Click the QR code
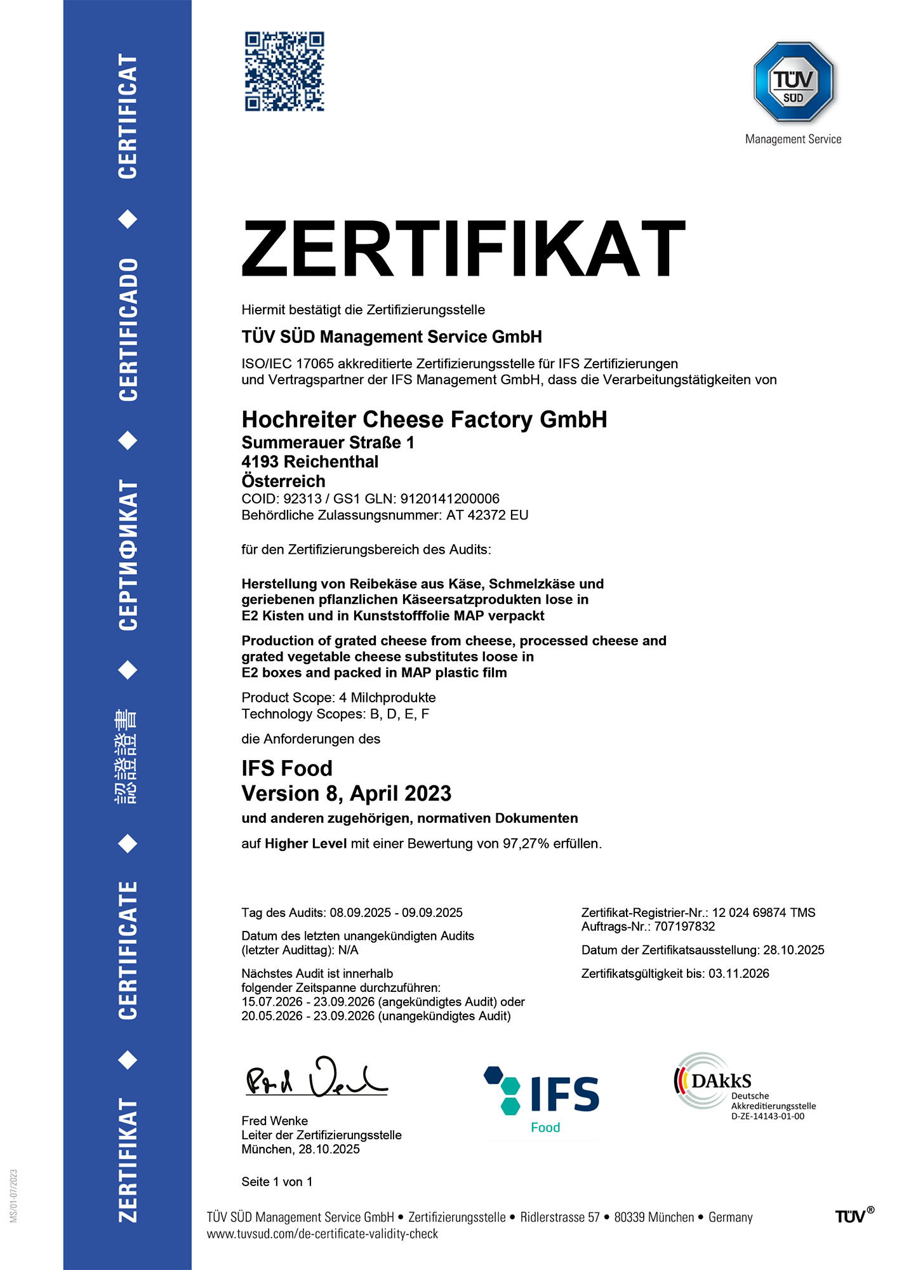pos(284,72)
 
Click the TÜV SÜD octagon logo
pos(793,82)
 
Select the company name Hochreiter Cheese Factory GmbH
pos(424,420)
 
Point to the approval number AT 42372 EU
pos(487,515)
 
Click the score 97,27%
pos(526,844)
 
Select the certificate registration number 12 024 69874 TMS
pos(763,912)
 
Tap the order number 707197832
pos(684,926)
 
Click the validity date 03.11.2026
pos(738,973)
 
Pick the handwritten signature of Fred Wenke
pos(316,1079)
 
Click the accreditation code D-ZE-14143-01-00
pos(767,1117)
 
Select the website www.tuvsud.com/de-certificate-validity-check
pos(322,1234)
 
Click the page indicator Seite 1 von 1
pos(277,1182)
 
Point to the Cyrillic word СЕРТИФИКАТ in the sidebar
pos(128,554)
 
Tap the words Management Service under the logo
pos(793,139)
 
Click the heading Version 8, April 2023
pos(346,794)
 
